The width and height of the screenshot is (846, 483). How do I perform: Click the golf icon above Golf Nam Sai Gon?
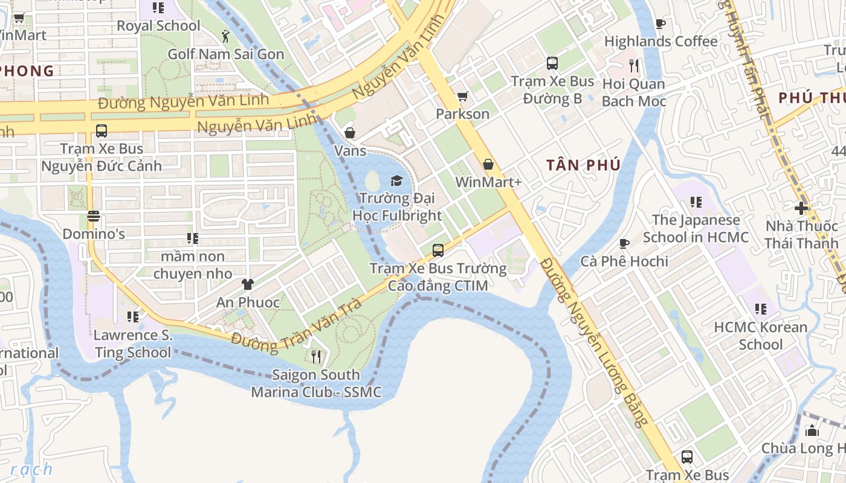(225, 37)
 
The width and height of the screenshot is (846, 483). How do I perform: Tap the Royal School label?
(158, 26)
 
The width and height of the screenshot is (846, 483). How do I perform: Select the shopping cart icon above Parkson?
(463, 97)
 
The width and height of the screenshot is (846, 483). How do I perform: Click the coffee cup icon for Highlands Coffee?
(660, 24)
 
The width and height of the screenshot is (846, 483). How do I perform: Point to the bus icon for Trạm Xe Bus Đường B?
(552, 63)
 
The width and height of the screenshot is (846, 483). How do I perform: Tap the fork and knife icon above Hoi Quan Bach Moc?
(633, 65)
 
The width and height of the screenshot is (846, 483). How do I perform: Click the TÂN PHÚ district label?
(583, 165)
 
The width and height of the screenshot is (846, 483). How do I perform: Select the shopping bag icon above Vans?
(350, 133)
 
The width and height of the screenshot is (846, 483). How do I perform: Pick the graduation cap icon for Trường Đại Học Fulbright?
(396, 181)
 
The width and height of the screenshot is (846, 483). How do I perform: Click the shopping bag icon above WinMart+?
(488, 164)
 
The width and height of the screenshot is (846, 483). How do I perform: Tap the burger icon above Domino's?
(93, 216)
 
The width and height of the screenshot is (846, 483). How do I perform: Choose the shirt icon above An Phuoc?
(247, 284)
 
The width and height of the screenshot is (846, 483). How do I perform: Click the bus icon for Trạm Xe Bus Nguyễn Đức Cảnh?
(102, 131)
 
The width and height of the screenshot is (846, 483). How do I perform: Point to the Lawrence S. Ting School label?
(133, 344)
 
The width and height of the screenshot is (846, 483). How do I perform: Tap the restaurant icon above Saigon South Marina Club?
(315, 357)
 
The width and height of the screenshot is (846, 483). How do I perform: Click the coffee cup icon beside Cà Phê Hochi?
(624, 243)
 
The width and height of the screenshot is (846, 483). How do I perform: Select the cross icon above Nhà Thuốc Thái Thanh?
(801, 208)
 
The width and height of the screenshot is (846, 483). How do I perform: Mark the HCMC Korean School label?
(760, 336)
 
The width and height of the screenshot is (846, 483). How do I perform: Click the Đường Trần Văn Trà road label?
(296, 326)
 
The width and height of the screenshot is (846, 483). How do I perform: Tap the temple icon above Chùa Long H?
(812, 430)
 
